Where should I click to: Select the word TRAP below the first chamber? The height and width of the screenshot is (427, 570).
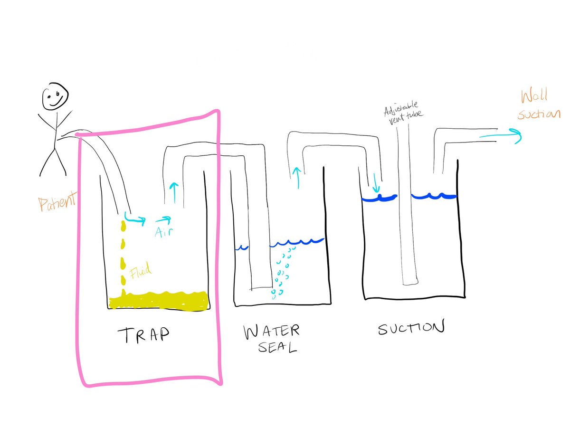pyautogui.click(x=142, y=335)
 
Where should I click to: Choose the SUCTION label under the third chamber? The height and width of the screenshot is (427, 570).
pyautogui.click(x=412, y=328)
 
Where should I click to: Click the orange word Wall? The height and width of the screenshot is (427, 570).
pyautogui.click(x=533, y=96)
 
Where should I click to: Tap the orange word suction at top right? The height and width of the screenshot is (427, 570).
pyautogui.click(x=539, y=115)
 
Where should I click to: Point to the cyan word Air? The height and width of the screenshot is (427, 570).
pyautogui.click(x=162, y=231)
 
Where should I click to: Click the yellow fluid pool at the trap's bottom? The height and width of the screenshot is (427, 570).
pyautogui.click(x=159, y=301)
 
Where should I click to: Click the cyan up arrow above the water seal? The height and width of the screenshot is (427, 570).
pyautogui.click(x=297, y=177)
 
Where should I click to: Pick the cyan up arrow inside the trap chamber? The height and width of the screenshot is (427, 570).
pyautogui.click(x=173, y=192)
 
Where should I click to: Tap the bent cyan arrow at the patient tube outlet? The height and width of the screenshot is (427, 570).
pyautogui.click(x=134, y=218)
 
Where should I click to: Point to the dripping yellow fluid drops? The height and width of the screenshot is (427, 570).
pyautogui.click(x=123, y=256)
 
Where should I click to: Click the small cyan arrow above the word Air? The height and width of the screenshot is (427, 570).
pyautogui.click(x=162, y=220)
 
